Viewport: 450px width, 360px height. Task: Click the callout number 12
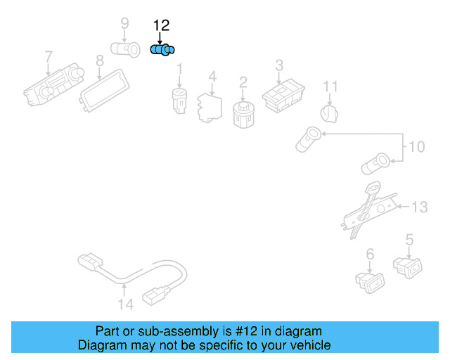[161, 25]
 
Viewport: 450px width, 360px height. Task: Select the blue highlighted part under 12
[163, 50]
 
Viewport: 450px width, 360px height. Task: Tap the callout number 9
[124, 23]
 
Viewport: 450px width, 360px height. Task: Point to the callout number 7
[48, 56]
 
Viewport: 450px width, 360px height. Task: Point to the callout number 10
[417, 147]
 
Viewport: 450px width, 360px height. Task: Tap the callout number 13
[419, 207]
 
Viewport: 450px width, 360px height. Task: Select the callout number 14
[124, 304]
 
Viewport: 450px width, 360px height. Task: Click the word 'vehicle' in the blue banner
[308, 346]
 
